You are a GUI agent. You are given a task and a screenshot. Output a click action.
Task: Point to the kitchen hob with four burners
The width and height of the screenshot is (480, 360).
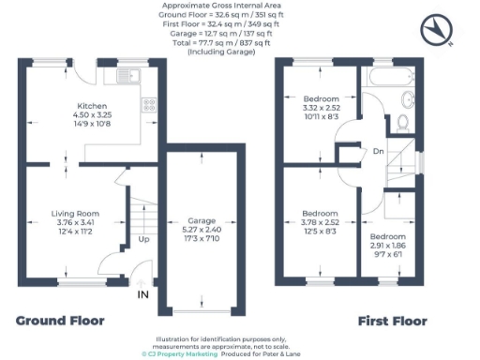pyautogui.click(x=148, y=104)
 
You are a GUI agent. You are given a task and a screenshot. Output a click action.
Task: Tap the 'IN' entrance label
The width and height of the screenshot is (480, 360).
pyautogui.click(x=142, y=295)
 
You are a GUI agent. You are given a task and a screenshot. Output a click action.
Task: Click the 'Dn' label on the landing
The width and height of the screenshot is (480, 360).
pyautogui.click(x=378, y=151)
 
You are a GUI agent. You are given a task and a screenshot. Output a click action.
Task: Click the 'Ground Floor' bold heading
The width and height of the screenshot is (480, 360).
pyautogui.click(x=60, y=322)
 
